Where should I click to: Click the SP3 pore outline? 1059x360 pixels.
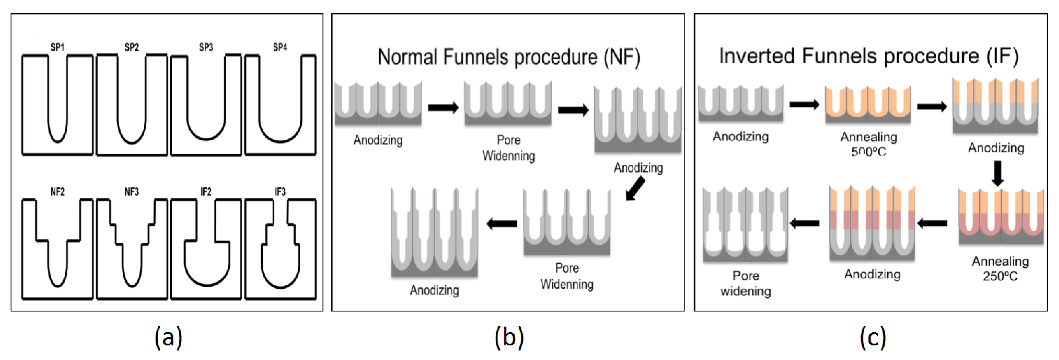click(206, 105)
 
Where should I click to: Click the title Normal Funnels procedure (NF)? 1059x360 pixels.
click(509, 57)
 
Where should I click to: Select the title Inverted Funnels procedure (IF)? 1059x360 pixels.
click(869, 56)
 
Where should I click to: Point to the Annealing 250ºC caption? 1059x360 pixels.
click(1000, 268)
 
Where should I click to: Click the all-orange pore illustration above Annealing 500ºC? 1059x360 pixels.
click(868, 105)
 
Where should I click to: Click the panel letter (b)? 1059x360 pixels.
click(509, 338)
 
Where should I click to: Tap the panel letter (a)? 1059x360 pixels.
click(168, 338)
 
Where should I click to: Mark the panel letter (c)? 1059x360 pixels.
click(872, 338)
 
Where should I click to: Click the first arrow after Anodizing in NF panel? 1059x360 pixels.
click(443, 108)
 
